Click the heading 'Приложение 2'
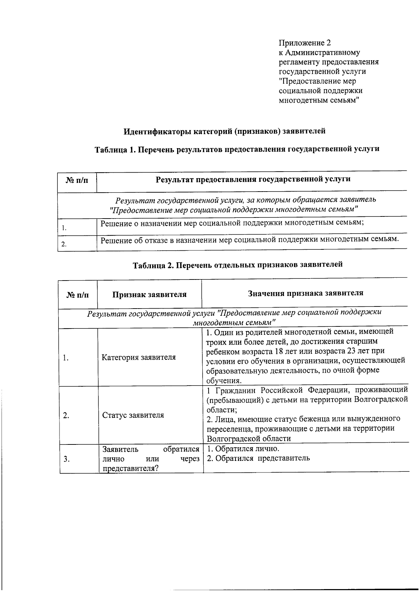(304, 43)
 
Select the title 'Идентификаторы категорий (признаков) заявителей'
(224, 131)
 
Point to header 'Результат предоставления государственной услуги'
(253, 179)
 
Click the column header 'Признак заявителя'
(149, 295)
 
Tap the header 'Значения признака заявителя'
(305, 293)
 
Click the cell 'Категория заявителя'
(139, 358)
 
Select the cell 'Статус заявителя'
(133, 415)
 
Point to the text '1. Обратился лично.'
(243, 449)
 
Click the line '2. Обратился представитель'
(258, 458)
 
